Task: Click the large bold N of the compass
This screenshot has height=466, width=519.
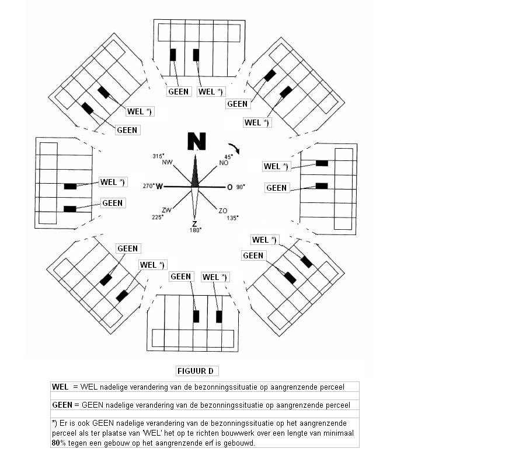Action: point(197,141)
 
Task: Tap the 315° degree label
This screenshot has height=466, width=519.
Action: point(158,156)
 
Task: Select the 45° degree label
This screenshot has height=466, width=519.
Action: point(228,157)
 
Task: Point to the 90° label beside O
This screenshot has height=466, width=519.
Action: point(241,187)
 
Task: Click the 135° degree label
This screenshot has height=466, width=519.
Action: point(233,218)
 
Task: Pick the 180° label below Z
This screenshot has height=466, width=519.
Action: point(196,230)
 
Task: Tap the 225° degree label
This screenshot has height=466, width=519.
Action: point(158,218)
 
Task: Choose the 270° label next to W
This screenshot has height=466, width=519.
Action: point(149,186)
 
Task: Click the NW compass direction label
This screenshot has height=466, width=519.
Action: point(167,162)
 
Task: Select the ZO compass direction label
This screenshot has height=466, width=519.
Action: point(223,211)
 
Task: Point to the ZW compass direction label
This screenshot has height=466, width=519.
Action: point(166,210)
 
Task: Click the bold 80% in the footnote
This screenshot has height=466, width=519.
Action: point(59,443)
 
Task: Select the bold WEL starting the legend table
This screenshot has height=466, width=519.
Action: point(60,387)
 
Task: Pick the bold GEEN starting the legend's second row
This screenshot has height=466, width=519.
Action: point(62,405)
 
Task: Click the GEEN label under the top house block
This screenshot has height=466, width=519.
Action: point(179,92)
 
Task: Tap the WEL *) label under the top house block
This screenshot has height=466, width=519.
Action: point(210,92)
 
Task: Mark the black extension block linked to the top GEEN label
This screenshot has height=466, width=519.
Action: point(173,55)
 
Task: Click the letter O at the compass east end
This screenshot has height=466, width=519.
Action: point(229,187)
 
